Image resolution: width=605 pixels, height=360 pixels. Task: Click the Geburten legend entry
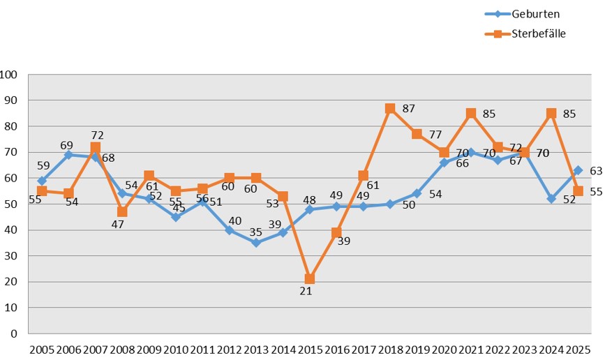pyautogui.click(x=524, y=14)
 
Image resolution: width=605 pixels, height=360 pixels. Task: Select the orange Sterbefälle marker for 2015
pyautogui.click(x=309, y=279)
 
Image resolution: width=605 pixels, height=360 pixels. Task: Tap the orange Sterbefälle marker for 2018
pyautogui.click(x=390, y=109)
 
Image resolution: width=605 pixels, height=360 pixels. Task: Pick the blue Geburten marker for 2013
pyautogui.click(x=256, y=243)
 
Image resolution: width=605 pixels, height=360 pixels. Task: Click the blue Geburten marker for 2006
pyautogui.click(x=68, y=155)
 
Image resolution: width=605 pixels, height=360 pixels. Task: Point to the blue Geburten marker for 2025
pyautogui.click(x=578, y=170)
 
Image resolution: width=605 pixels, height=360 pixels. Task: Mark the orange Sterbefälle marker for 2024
pyautogui.click(x=551, y=114)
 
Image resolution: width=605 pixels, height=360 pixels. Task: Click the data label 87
pyautogui.click(x=409, y=109)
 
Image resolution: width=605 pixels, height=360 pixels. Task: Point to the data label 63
pyautogui.click(x=595, y=170)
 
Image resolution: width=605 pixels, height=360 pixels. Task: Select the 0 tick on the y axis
pyautogui.click(x=14, y=333)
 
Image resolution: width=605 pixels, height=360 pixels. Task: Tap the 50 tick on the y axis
pyautogui.click(x=11, y=204)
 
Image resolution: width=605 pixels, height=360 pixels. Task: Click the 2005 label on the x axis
pyautogui.click(x=41, y=349)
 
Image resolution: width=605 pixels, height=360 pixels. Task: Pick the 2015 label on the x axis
pyautogui.click(x=309, y=349)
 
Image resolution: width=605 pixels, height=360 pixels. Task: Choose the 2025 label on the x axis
pyautogui.click(x=578, y=349)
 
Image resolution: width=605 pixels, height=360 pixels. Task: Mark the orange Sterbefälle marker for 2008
pyautogui.click(x=122, y=211)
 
